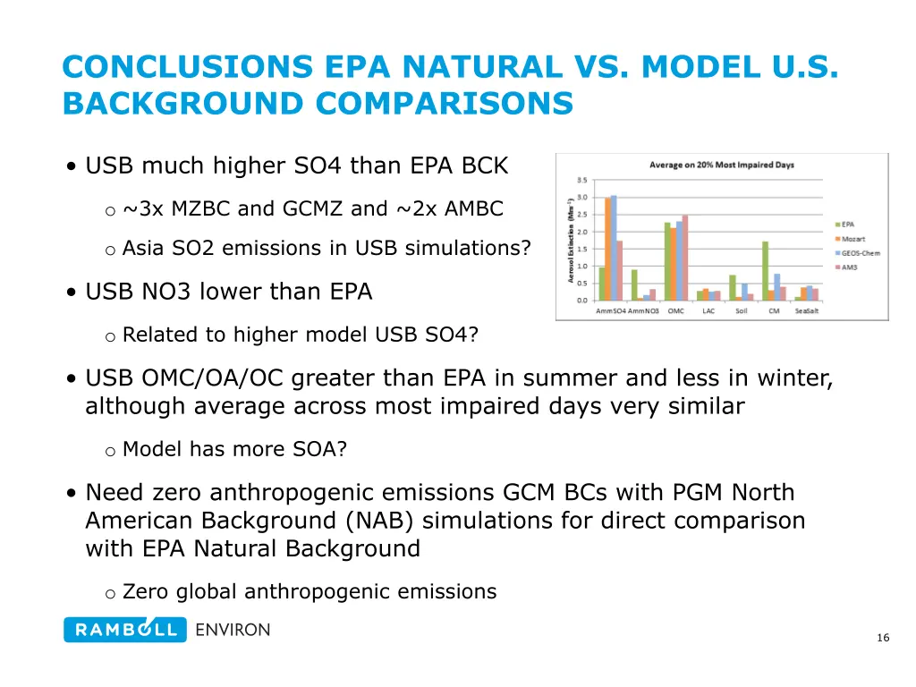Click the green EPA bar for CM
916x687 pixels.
point(766,271)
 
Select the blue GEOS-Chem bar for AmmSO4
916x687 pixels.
point(614,248)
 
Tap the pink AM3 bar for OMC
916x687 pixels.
point(685,258)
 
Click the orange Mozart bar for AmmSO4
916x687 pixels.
point(608,249)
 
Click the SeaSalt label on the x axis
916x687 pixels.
point(807,311)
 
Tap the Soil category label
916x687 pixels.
point(742,311)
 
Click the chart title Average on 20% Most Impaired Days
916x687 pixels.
point(722,165)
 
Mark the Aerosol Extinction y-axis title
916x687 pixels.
point(571,242)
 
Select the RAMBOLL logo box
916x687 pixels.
point(124,630)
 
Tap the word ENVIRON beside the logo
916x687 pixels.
point(233,630)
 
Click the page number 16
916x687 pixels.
point(883,638)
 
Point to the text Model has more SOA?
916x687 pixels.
point(234,450)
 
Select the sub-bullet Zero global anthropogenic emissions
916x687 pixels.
point(309,591)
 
